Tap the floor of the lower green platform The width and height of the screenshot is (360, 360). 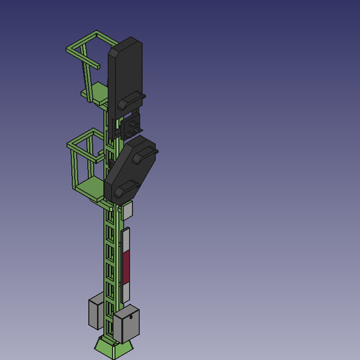pyautogui.click(x=91, y=186)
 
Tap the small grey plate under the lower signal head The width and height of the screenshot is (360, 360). pyautogui.click(x=128, y=209)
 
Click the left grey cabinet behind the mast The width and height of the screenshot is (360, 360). pyautogui.click(x=96, y=313)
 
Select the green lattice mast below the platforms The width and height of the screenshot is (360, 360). pyautogui.click(x=111, y=265)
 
